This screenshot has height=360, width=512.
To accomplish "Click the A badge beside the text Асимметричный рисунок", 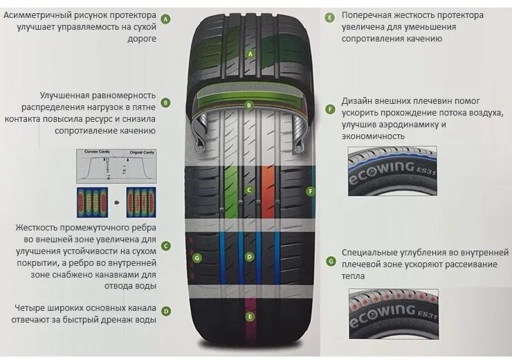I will click(x=165, y=19).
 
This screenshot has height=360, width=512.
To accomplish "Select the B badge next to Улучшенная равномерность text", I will click(x=165, y=103).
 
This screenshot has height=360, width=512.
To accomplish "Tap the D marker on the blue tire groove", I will click(x=249, y=257).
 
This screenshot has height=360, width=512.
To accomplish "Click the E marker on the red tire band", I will click(x=250, y=316).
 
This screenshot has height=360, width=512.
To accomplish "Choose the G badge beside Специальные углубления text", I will click(x=331, y=261).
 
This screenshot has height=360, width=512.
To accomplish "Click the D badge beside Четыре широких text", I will click(x=166, y=312).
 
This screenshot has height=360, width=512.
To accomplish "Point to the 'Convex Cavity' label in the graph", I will click(x=98, y=152).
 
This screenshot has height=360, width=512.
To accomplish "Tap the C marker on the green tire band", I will click(x=249, y=190).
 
